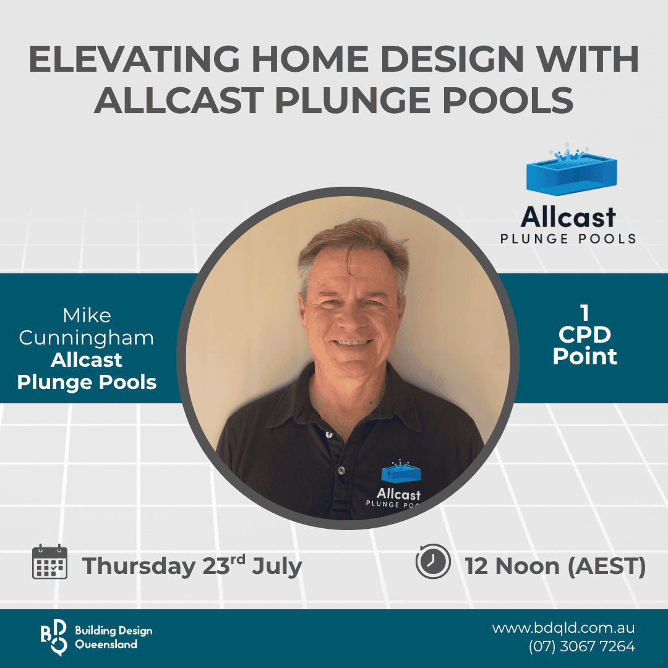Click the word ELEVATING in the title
pyautogui.click(x=135, y=59)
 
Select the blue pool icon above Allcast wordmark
pyautogui.click(x=572, y=169)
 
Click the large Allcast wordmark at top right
pyautogui.click(x=568, y=217)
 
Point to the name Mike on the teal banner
pyautogui.click(x=87, y=315)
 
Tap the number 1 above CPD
pyautogui.click(x=584, y=313)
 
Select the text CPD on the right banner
pyautogui.click(x=584, y=335)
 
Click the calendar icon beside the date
pyautogui.click(x=50, y=562)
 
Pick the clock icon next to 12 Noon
pyautogui.click(x=433, y=561)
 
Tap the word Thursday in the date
pyautogui.click(x=139, y=567)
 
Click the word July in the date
pyautogui.click(x=277, y=567)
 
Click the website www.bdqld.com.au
pyautogui.click(x=563, y=628)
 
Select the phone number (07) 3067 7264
pyautogui.click(x=582, y=646)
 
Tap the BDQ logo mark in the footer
pyautogui.click(x=54, y=637)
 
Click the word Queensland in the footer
pyautogui.click(x=106, y=644)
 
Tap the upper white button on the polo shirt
pyautogui.click(x=329, y=435)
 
